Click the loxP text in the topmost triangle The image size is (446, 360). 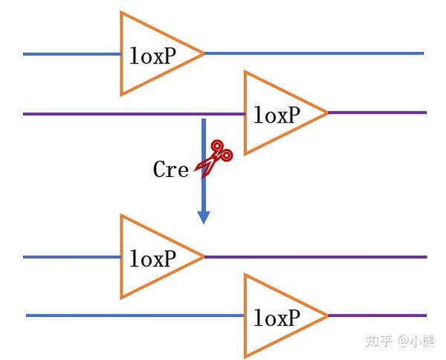[152, 56]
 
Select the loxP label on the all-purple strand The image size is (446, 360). [277, 115]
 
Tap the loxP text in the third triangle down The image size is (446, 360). [152, 259]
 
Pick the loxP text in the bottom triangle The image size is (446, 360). [277, 318]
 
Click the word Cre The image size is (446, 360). [170, 170]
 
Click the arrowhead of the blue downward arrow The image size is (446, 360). [203, 217]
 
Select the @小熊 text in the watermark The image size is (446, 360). [416, 341]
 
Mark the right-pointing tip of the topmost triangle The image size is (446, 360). [202, 54]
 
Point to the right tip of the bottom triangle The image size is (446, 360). [326, 316]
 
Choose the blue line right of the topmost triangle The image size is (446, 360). [312, 54]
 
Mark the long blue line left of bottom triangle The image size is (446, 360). [134, 315]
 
